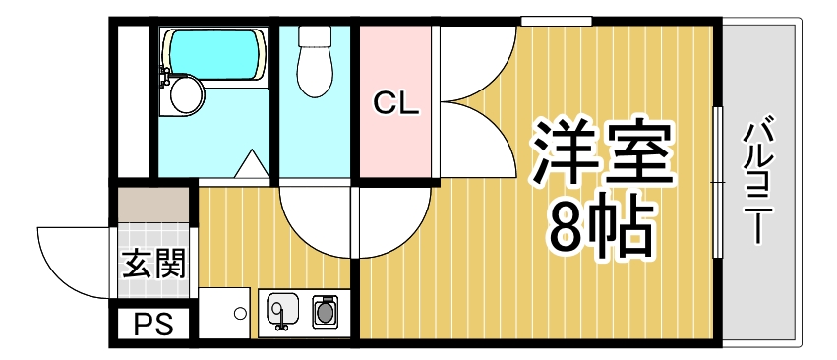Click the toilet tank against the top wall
tap(315, 36)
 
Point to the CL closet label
tap(395, 103)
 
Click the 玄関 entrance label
tap(153, 264)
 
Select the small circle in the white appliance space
tap(239, 314)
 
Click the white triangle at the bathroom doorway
tap(252, 164)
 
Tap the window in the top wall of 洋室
tap(556, 21)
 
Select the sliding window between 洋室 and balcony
tap(717, 181)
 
